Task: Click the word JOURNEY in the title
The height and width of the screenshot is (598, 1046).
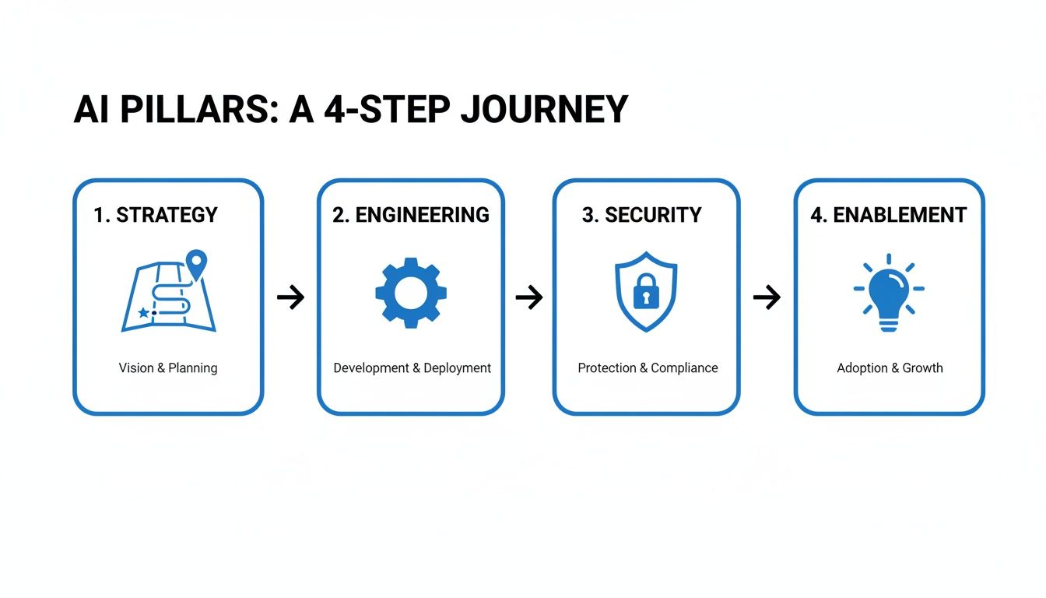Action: pos(544,110)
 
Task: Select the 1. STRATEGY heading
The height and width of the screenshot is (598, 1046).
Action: pos(156,215)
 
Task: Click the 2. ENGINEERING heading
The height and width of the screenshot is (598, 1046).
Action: pos(411,215)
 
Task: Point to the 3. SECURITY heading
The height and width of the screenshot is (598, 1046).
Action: pos(642,215)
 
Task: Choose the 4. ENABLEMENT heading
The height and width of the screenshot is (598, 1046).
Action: pos(889,215)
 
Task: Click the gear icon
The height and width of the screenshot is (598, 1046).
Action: pos(411,293)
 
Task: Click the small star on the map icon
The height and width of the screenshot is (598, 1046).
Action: pos(142,312)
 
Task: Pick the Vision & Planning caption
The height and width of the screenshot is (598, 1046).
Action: pos(168,368)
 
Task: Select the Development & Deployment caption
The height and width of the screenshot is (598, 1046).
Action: pos(412,368)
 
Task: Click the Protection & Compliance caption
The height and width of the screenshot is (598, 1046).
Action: pos(648,368)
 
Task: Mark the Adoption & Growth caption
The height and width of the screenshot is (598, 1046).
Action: pos(890,368)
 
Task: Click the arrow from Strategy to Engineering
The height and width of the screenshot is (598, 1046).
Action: pos(290,297)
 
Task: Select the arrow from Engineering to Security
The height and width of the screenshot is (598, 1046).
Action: pos(528,297)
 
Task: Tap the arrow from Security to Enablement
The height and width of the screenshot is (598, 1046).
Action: pos(767,297)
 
